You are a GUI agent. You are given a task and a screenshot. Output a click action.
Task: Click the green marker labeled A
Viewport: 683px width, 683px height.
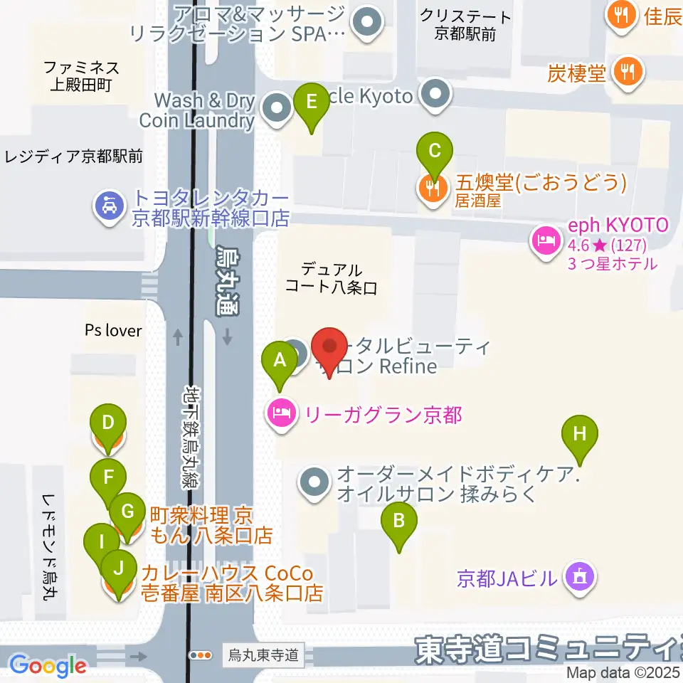[x=280, y=361]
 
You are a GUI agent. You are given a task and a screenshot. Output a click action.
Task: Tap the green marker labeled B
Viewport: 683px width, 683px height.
[x=399, y=521]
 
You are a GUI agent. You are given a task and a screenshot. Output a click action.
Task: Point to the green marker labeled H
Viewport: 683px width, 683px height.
[x=580, y=433]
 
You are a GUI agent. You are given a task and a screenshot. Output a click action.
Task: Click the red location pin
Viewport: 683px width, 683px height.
[x=330, y=346]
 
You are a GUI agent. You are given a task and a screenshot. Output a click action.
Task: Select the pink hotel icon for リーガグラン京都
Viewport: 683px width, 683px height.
[x=280, y=413]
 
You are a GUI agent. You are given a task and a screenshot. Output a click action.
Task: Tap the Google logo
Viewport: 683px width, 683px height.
[x=48, y=666]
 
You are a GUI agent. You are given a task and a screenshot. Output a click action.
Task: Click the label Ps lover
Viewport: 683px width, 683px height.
[x=113, y=330]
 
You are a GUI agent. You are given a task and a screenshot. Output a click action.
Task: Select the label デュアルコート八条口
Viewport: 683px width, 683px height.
[x=331, y=278]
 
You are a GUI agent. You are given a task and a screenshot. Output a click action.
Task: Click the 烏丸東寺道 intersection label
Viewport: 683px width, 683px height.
[x=263, y=654]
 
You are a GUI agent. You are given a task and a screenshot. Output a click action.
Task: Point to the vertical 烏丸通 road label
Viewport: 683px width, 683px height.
[x=228, y=280]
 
